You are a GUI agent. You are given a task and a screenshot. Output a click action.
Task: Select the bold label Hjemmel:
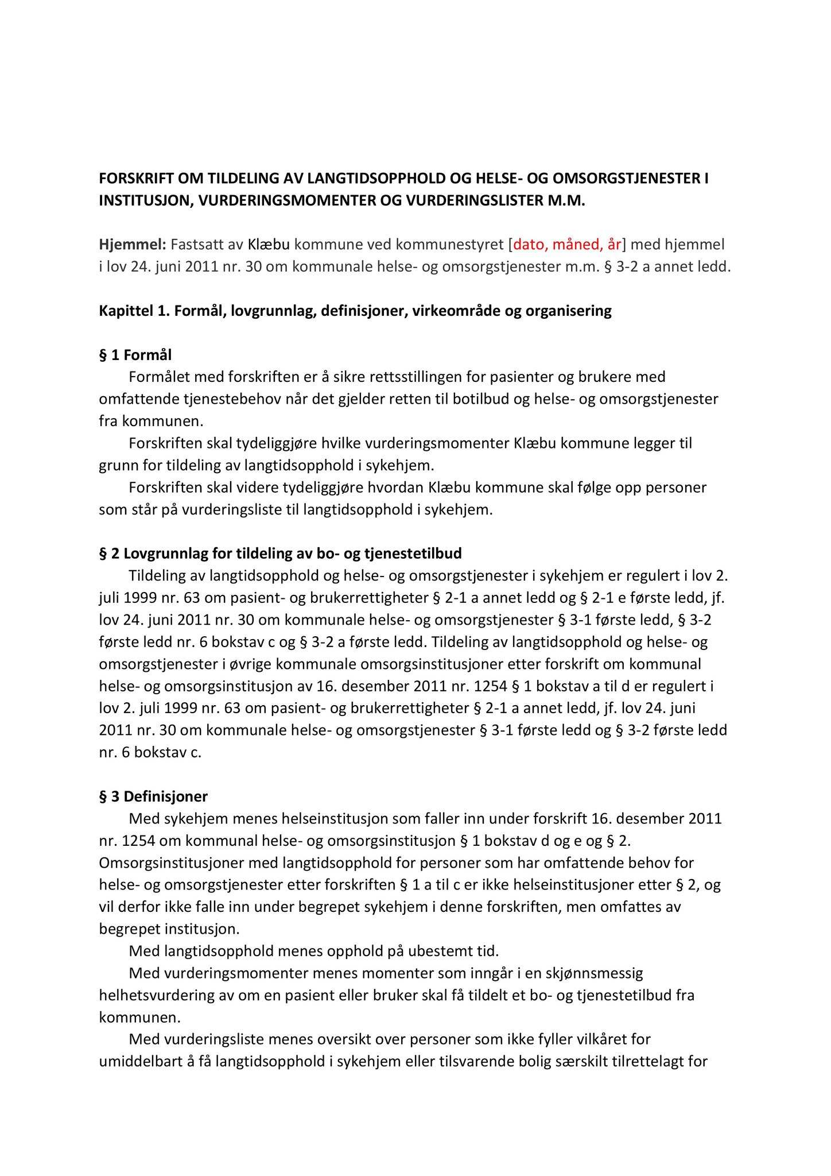(x=133, y=245)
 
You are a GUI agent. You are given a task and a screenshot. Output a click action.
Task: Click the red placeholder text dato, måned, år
(x=567, y=245)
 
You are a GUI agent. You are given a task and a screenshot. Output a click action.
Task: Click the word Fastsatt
(x=197, y=245)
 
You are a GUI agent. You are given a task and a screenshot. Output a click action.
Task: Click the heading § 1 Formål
(x=135, y=355)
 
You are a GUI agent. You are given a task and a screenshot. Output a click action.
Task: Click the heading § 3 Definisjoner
(x=153, y=796)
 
